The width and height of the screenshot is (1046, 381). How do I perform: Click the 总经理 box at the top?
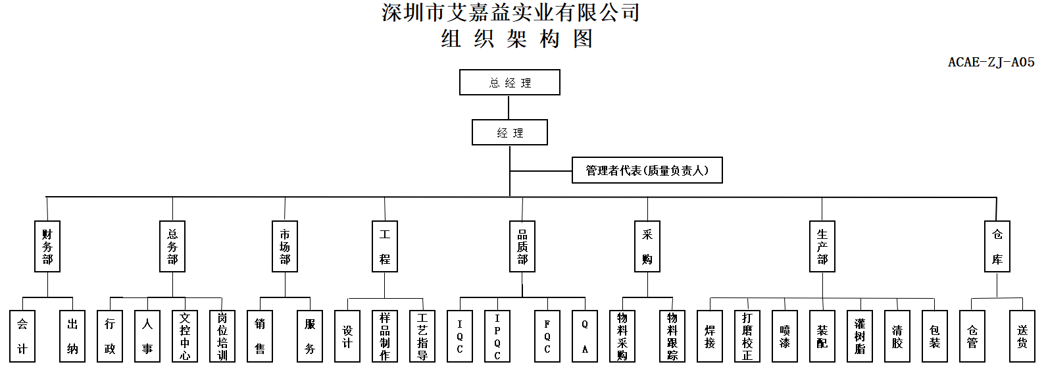[510, 83]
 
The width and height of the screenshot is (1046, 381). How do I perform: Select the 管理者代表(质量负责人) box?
[647, 170]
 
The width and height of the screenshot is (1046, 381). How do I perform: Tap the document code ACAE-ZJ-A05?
[991, 63]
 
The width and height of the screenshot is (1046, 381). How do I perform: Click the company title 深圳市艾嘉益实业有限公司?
[511, 13]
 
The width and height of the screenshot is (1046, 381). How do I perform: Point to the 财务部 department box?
[47, 247]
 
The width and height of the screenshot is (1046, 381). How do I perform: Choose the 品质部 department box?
[522, 247]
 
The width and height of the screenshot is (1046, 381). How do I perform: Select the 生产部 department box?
[822, 247]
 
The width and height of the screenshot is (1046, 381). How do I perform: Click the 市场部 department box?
[285, 247]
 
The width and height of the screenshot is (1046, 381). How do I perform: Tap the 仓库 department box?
[997, 247]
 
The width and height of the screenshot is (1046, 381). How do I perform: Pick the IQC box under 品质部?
[460, 336]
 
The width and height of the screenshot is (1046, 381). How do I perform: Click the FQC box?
[547, 336]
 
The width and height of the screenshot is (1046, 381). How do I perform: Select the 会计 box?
[22, 336]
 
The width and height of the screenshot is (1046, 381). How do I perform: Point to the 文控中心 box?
[185, 336]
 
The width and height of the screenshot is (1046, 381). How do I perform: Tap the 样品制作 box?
[385, 336]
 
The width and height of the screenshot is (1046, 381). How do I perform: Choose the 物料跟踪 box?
[672, 336]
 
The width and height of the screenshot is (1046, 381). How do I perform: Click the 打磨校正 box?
[747, 336]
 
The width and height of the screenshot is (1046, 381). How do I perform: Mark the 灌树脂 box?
[860, 336]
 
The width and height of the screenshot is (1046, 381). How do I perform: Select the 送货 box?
[1022, 336]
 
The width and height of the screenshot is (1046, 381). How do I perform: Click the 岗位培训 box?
[222, 336]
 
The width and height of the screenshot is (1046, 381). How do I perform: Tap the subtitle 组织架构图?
[517, 39]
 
